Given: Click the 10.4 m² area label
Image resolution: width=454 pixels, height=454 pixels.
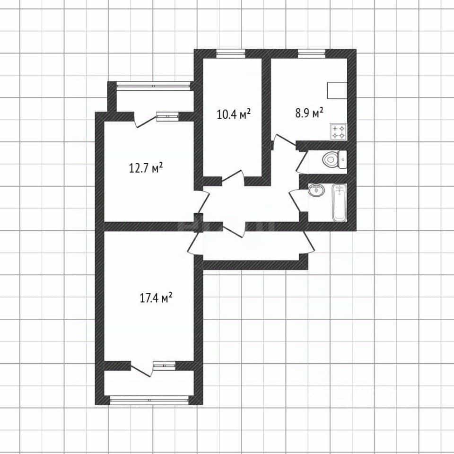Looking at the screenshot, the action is coord(233,114).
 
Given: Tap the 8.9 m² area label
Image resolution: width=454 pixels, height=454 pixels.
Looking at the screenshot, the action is coord(309,113).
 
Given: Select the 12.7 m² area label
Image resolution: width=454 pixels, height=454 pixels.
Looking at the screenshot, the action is coord(146,168).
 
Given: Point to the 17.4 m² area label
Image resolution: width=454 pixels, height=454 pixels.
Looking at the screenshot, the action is coord(156,297).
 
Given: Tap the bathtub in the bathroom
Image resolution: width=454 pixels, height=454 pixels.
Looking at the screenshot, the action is coord(340,203).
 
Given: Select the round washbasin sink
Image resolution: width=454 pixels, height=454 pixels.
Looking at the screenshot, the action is coord(316,190).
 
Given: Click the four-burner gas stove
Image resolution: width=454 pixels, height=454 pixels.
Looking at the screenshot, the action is coord(338,132).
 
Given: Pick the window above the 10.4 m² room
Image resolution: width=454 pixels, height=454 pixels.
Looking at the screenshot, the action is coord(231,53).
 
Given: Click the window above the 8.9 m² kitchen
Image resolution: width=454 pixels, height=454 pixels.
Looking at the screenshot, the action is coord(312,53).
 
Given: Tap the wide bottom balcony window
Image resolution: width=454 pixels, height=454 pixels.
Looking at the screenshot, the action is coord(149,400).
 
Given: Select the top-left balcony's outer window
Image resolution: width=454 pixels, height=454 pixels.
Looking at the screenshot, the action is coord(153,86).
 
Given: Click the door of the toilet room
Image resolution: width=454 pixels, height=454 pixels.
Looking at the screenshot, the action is coord(301,162).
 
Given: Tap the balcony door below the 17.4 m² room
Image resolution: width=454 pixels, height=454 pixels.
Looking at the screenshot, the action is coord(142,369).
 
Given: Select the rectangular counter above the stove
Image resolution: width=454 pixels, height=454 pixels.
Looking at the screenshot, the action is coord(337,90).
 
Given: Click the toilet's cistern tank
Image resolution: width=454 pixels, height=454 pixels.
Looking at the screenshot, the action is coord(343,159).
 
